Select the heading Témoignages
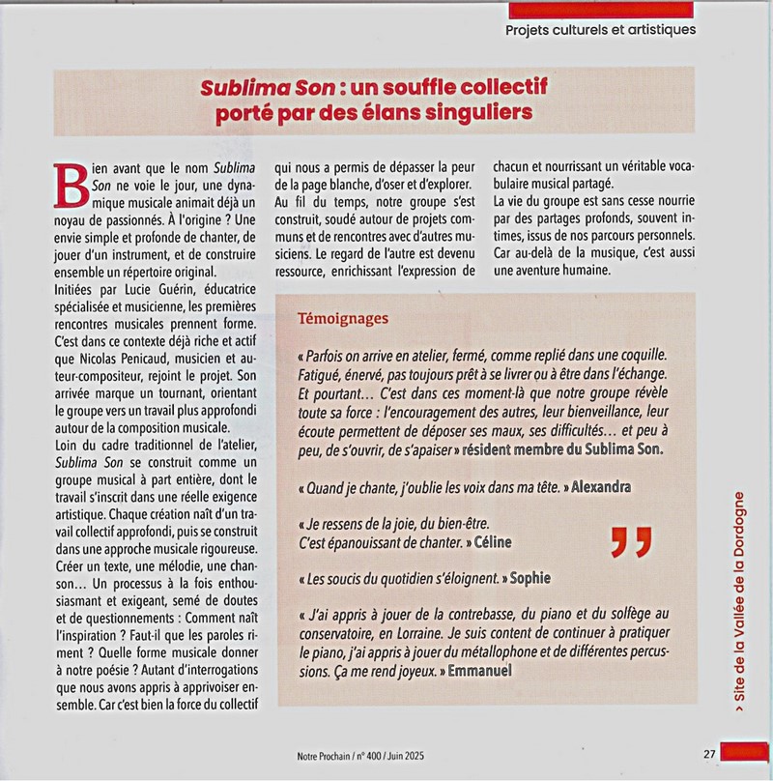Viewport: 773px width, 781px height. tap(345, 317)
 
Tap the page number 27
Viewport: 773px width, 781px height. tap(709, 754)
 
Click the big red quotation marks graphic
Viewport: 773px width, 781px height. tap(631, 543)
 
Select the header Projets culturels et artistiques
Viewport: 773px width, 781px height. tap(600, 29)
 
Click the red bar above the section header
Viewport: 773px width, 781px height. tap(600, 9)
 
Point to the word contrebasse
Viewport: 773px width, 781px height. tap(472, 614)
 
